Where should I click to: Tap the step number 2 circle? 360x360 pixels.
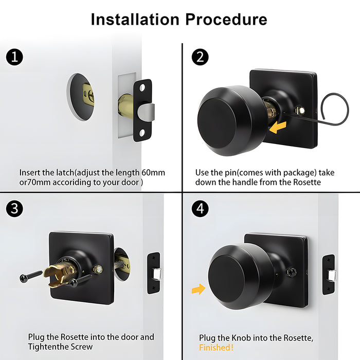click(200, 57)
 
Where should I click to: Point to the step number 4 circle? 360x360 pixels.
click(200, 209)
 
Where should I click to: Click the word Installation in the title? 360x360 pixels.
click(135, 20)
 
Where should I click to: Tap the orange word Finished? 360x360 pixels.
click(216, 348)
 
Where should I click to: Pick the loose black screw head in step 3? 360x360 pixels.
click(24, 278)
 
